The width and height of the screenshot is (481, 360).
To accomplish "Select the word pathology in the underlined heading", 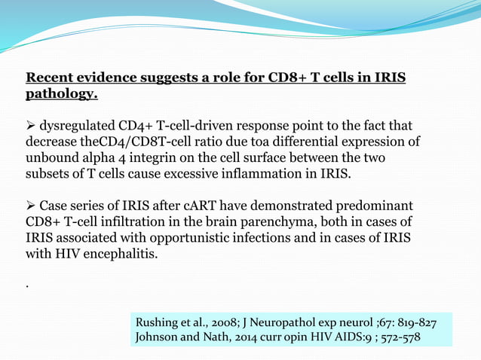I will pyautogui.click(x=60, y=95).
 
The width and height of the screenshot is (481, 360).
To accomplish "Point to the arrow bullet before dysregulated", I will pyautogui.click(x=31, y=125).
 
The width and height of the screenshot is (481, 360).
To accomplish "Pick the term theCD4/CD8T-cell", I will pyautogui.click(x=121, y=142).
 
